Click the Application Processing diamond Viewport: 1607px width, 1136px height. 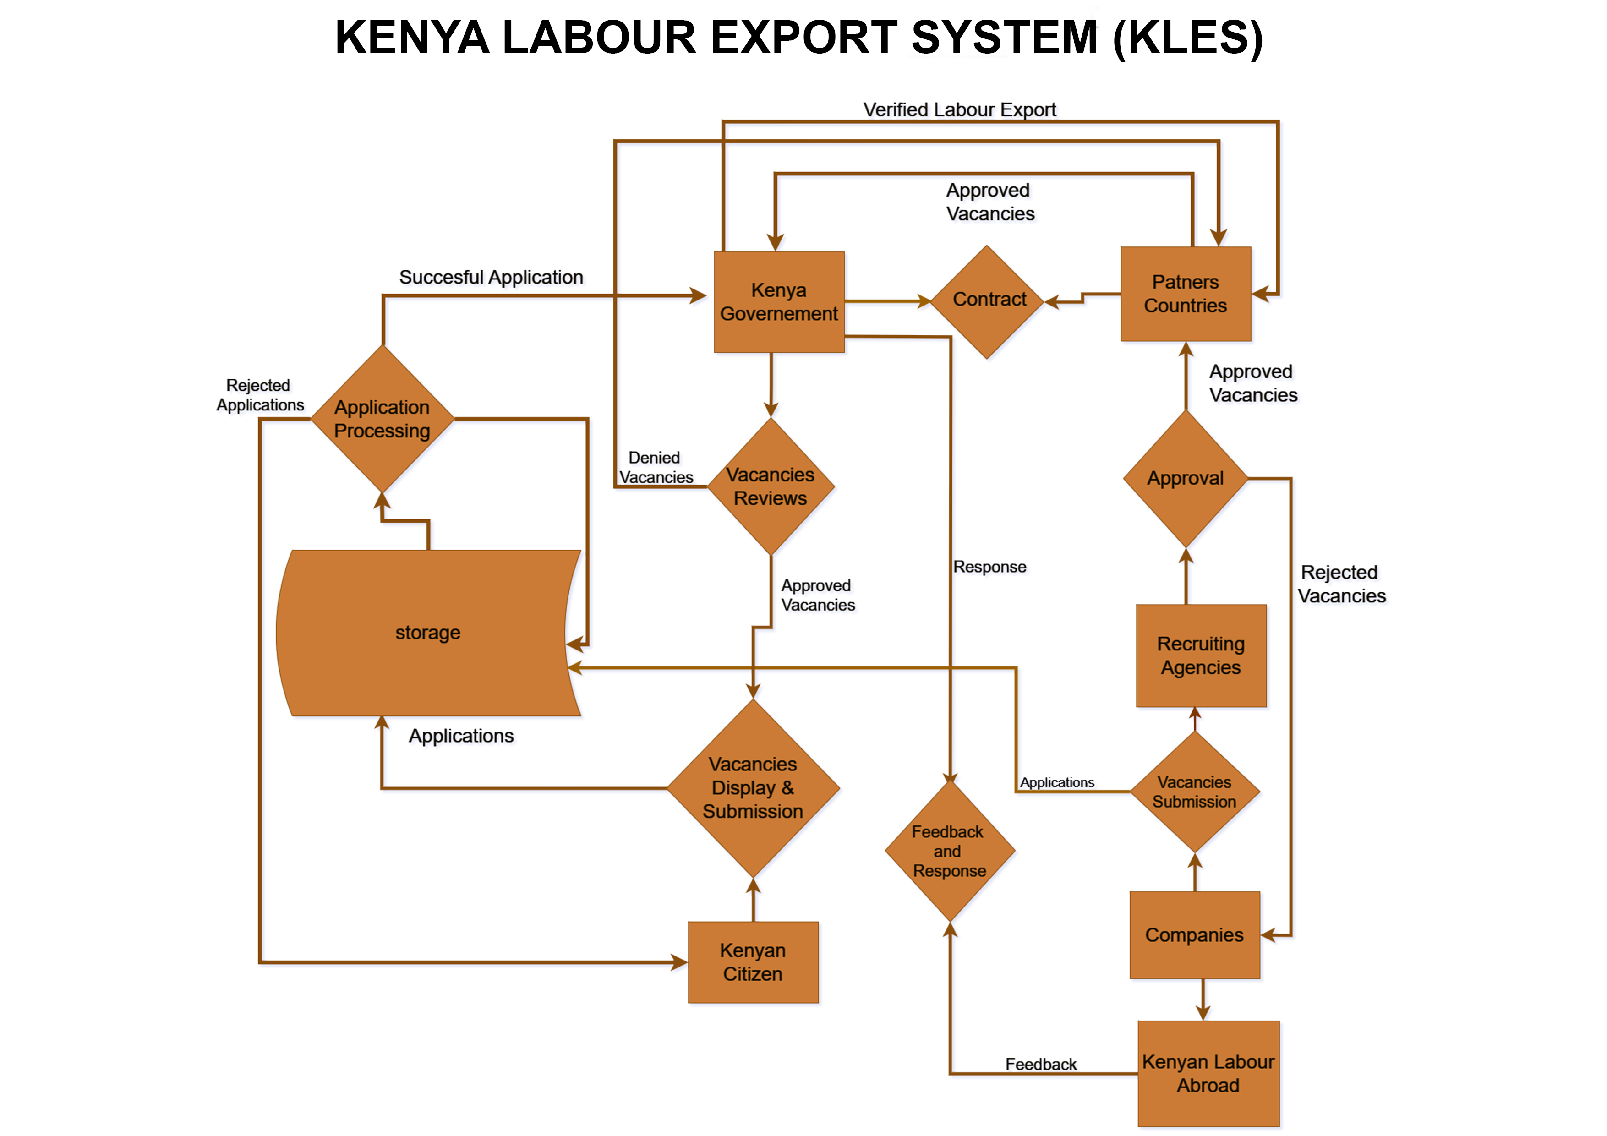[x=382, y=419]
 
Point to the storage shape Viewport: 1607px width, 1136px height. [x=428, y=632]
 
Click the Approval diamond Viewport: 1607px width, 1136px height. [x=1185, y=478]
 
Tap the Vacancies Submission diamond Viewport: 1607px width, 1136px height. [x=1194, y=792]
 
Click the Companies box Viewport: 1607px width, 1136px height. [x=1194, y=934]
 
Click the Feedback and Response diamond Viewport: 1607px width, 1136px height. [x=949, y=851]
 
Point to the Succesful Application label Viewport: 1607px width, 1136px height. [x=491, y=277]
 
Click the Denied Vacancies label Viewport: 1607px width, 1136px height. [x=655, y=467]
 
